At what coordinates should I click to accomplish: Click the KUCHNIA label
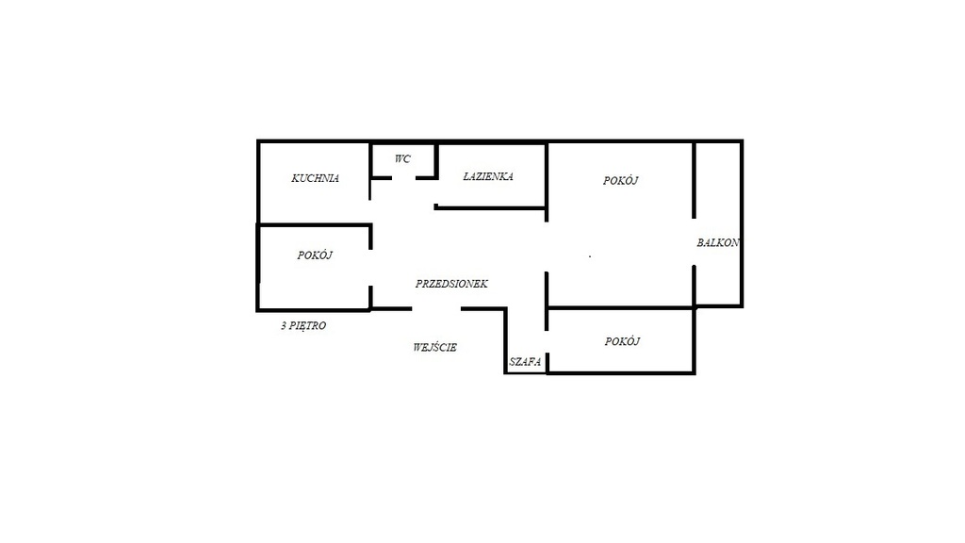tap(315, 178)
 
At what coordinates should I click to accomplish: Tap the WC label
tap(402, 158)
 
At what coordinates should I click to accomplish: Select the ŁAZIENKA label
tap(488, 176)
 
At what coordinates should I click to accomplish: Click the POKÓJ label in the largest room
tap(620, 180)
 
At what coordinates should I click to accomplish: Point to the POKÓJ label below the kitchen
tap(315, 255)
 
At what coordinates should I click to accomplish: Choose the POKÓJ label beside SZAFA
tap(622, 341)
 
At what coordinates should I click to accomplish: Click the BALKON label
tap(717, 242)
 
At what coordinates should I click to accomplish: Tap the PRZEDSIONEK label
tap(451, 284)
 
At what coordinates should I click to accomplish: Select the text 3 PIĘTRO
tap(303, 325)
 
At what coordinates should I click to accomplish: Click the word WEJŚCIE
tap(435, 347)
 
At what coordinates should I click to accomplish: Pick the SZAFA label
tap(525, 362)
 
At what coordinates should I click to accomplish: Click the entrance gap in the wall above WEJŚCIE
tap(436, 308)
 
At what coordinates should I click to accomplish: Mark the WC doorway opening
tap(403, 178)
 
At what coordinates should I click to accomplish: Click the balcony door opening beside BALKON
tap(695, 242)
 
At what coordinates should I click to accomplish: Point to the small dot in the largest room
tap(590, 256)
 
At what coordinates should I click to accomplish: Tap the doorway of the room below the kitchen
tap(370, 268)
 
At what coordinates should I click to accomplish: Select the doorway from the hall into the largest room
tap(547, 246)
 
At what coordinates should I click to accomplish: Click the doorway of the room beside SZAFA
tap(547, 341)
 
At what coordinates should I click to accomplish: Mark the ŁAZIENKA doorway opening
tap(435, 192)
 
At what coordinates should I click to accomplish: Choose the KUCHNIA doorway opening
tap(370, 212)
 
